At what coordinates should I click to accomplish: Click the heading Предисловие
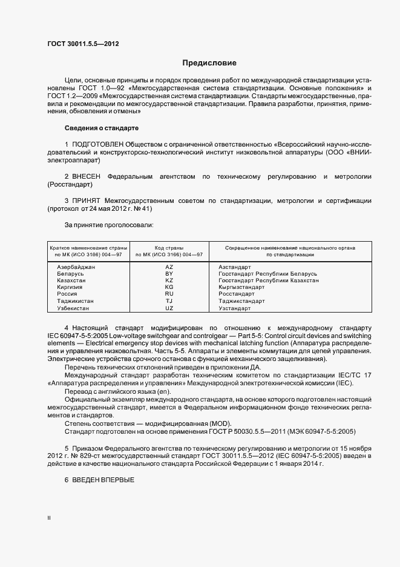point(209,63)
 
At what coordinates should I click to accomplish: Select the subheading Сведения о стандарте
point(102,128)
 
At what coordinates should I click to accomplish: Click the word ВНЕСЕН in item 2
point(86,177)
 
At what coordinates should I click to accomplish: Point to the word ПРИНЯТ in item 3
point(85,201)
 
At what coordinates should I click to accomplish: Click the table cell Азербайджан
point(76,267)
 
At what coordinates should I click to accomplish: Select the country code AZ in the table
point(169,267)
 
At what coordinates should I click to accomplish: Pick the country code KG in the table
point(169,287)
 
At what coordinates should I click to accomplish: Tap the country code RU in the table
point(169,294)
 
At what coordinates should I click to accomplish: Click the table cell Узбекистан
point(73,308)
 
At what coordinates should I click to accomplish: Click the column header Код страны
point(169,248)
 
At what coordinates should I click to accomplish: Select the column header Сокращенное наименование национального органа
point(290,248)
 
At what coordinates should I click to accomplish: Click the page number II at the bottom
point(49,518)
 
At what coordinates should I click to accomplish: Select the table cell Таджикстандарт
point(241,301)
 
